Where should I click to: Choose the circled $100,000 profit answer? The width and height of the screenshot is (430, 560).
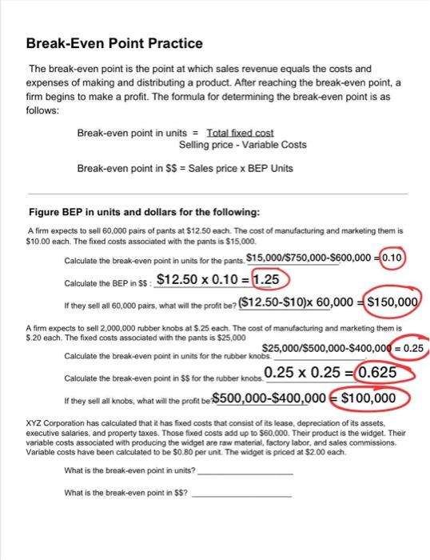point(368,398)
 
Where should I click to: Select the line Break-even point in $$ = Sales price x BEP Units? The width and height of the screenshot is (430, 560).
point(185,168)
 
